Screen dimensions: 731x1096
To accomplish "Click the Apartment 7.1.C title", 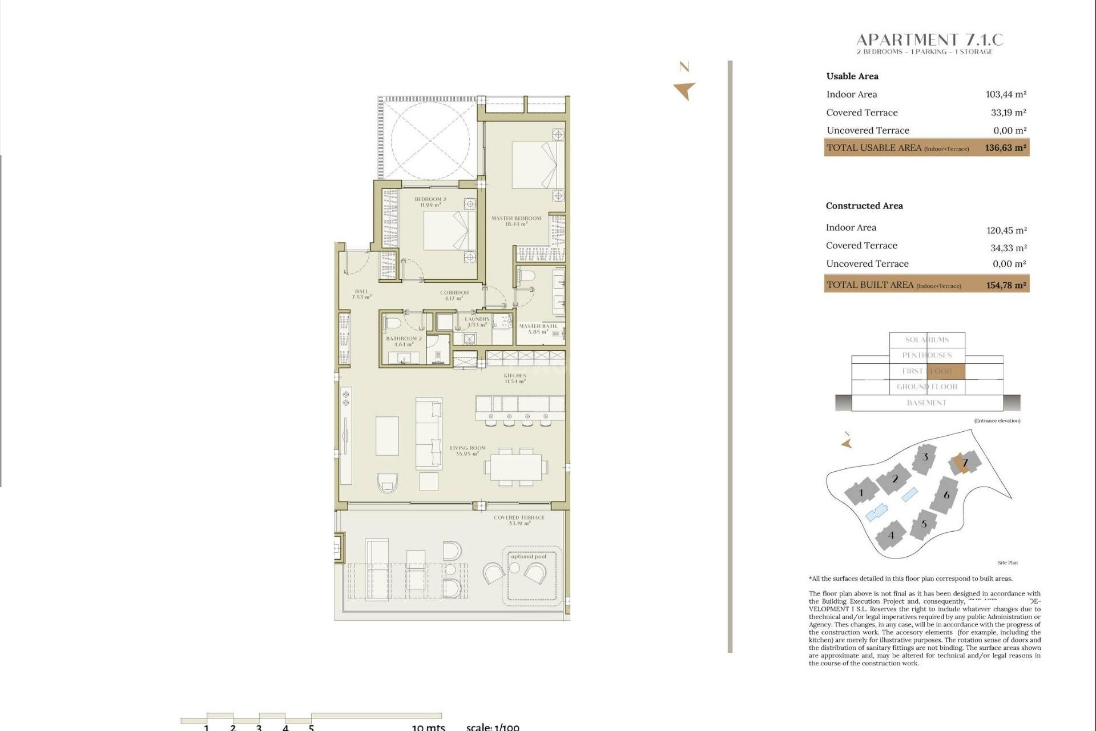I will [929, 40].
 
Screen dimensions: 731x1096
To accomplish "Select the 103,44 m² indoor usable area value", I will [1006, 94].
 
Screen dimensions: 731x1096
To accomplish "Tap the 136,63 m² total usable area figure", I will [1005, 148].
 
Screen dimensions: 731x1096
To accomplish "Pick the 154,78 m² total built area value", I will [1006, 285].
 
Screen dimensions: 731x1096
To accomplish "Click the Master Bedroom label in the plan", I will [516, 221].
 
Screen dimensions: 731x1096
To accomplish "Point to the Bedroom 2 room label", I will [430, 202].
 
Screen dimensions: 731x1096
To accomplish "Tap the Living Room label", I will [468, 451].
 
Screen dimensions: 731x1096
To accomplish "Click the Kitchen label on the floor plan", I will [515, 378].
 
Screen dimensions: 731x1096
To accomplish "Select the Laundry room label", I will [477, 322].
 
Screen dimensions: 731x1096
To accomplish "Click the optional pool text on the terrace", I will [529, 557].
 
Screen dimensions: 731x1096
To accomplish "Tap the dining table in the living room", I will [516, 467].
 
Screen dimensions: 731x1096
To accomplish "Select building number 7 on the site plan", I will [965, 463].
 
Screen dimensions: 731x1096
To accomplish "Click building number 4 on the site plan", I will [891, 536].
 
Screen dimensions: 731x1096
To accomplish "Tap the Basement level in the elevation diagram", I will [926, 403].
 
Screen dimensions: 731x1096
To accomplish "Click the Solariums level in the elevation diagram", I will [927, 340].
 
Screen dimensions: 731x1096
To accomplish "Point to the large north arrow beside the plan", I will [684, 90].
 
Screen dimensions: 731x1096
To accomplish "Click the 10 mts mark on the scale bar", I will [428, 727].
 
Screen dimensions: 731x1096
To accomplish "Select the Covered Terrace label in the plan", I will [519, 520].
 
